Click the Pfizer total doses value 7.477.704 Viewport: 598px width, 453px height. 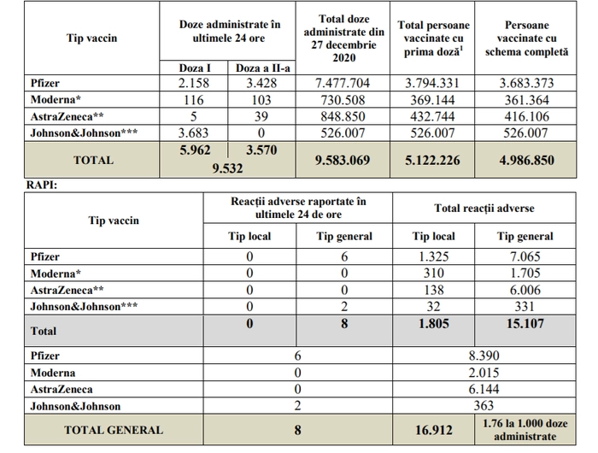[x=343, y=83]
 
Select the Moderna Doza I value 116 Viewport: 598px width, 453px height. [x=193, y=100]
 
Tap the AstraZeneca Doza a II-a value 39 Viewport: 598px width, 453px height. [x=261, y=116]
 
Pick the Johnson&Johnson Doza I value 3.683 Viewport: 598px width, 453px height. [x=193, y=132]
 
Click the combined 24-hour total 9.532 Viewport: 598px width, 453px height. [x=227, y=168]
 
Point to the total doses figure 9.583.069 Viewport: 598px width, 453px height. [x=343, y=161]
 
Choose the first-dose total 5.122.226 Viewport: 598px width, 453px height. [x=432, y=161]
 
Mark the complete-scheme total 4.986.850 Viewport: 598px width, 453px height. [x=527, y=161]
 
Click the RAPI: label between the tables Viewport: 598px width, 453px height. [x=42, y=185]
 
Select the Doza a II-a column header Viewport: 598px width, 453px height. [x=263, y=68]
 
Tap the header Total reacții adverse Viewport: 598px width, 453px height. [x=484, y=208]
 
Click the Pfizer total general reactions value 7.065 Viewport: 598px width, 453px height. [x=525, y=256]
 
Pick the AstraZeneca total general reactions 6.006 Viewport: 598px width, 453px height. [x=525, y=290]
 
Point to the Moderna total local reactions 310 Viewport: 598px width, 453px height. [x=434, y=274]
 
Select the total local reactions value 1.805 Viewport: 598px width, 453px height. [x=434, y=324]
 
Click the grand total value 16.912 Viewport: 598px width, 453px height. [x=434, y=430]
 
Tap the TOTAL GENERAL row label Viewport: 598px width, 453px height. [x=114, y=430]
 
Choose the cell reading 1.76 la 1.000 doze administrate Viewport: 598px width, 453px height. [x=525, y=430]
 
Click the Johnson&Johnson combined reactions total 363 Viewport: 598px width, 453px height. [x=484, y=406]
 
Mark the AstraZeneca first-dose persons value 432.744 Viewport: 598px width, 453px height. [x=432, y=116]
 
